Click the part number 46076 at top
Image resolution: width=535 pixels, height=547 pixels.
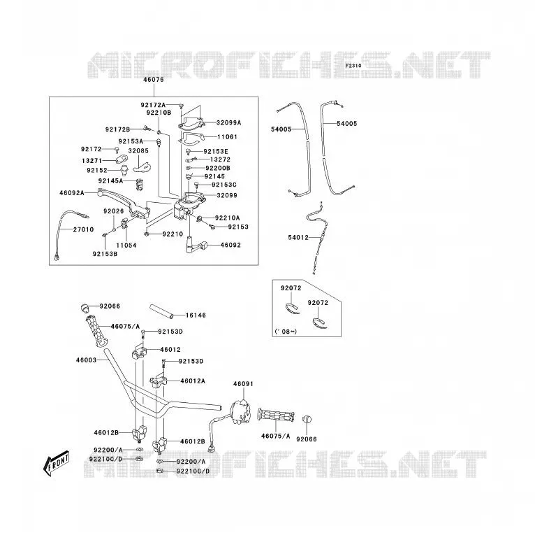[153, 80]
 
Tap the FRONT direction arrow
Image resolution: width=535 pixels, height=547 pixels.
[56, 463]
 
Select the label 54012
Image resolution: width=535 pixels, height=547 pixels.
[298, 238]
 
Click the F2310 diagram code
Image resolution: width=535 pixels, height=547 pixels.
[353, 66]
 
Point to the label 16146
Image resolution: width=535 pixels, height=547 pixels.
[196, 315]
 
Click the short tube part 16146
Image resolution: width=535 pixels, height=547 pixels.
[161, 311]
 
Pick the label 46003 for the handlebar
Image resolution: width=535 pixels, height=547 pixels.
[86, 360]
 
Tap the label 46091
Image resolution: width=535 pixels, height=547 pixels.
[243, 384]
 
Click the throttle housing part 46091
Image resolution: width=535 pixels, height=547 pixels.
[241, 412]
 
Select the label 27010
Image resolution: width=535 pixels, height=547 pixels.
[83, 229]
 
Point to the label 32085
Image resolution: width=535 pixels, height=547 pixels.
[138, 150]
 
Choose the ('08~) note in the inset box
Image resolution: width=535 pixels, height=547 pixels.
[286, 331]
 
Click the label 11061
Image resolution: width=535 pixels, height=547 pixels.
[227, 137]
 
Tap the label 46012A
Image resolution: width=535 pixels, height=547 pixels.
[193, 381]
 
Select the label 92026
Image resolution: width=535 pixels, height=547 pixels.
[114, 211]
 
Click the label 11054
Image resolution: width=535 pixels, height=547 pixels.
[126, 246]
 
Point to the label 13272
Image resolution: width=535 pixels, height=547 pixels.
[220, 159]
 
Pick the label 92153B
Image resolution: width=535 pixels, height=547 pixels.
[105, 254]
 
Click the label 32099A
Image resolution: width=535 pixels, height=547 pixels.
[229, 122]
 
